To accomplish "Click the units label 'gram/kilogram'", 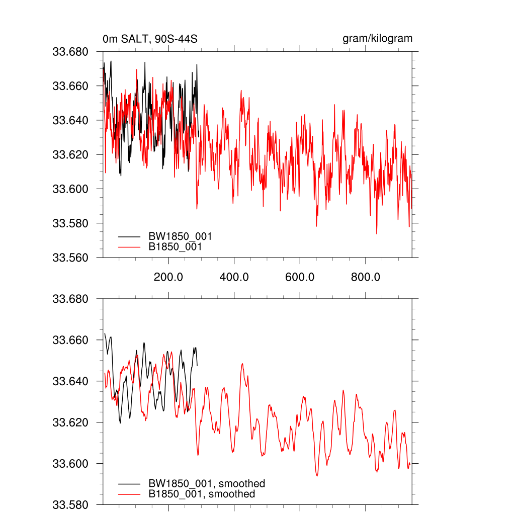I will click(377, 39).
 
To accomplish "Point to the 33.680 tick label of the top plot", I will click(70, 52).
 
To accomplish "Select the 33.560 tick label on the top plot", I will click(70, 257).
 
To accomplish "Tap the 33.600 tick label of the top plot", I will click(70, 189).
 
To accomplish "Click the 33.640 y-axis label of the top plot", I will click(70, 120).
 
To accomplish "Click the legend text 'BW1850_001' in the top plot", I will click(180, 236).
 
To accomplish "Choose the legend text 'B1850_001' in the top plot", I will click(176, 247).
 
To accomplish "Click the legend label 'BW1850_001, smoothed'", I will click(206, 484).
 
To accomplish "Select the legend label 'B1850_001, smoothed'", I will click(202, 494).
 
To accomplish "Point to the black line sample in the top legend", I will click(129, 236).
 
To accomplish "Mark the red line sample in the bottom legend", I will click(129, 494).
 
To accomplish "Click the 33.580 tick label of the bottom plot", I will click(70, 504).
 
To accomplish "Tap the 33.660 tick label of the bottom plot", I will click(70, 340).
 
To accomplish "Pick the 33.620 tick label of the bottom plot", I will click(70, 422).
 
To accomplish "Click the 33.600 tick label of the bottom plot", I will click(70, 464).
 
